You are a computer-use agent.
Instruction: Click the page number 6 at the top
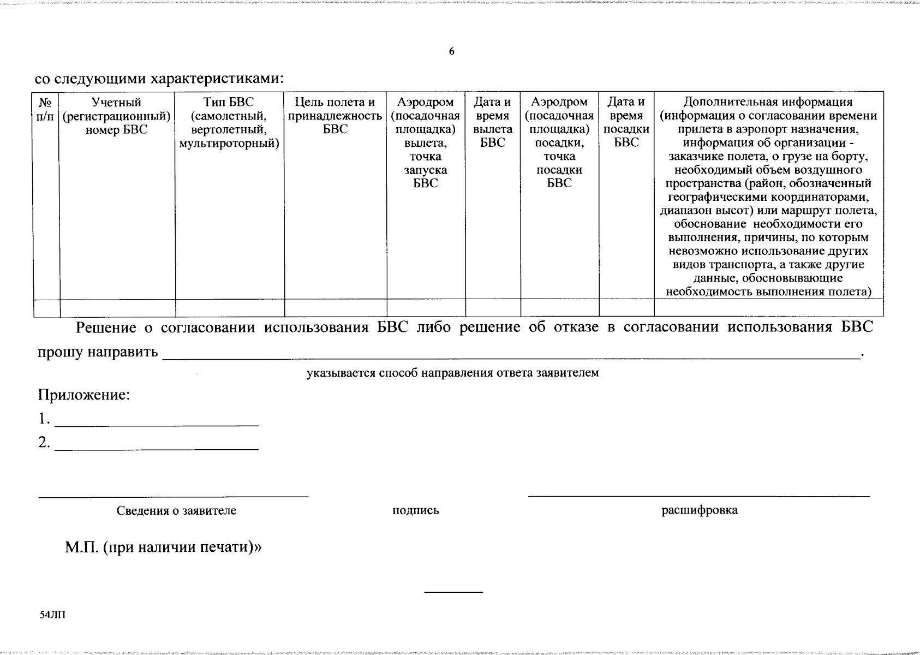coord(451,52)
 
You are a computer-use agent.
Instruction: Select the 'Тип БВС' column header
coord(229,123)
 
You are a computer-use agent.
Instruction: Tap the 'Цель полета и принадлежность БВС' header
coord(335,116)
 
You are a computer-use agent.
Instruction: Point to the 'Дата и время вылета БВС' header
coord(492,123)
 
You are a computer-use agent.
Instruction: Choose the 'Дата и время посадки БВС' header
coord(626,123)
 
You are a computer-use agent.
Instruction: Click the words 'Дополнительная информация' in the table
coord(768,102)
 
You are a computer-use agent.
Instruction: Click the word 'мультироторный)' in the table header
coord(229,144)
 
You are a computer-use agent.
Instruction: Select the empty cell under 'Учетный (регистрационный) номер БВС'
coord(117,308)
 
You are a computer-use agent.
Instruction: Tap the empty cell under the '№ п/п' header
coord(46,308)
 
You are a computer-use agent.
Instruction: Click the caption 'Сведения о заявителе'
coord(176,511)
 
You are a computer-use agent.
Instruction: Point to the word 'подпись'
coord(416,511)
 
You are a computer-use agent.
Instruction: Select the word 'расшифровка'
coord(700,510)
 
